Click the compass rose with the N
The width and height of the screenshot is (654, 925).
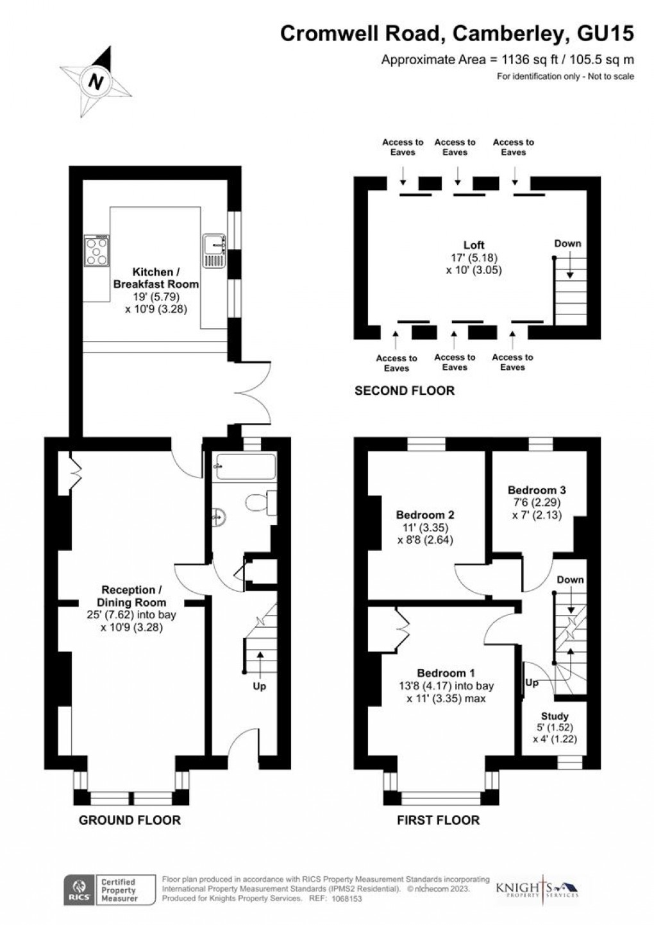coord(96,82)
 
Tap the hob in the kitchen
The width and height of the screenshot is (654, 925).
coord(96,251)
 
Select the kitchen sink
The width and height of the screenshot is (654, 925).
coord(214,251)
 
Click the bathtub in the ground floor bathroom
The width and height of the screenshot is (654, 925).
coord(246,466)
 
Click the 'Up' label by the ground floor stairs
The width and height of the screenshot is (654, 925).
coord(260,686)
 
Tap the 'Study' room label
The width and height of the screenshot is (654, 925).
coord(554,716)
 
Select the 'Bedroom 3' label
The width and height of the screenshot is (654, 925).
coord(537,490)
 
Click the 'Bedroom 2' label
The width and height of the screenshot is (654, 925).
coord(425,515)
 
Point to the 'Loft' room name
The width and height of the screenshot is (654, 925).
coord(474,245)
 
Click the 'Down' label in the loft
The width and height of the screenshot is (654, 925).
coord(567,243)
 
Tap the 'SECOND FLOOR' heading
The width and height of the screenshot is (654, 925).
coord(405,390)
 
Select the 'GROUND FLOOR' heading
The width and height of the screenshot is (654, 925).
coord(130,820)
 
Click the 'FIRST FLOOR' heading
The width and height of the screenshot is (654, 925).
coord(438,820)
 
